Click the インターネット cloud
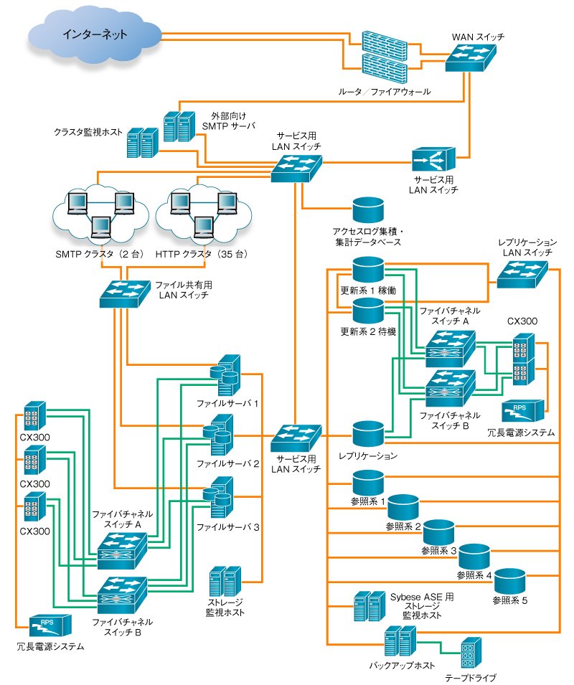point(95,39)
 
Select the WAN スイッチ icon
point(471,57)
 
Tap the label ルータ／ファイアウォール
point(385,92)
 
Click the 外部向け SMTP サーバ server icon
point(179,127)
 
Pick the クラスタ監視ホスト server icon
point(142,143)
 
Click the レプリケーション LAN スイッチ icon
point(522,274)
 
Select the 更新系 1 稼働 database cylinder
point(368,270)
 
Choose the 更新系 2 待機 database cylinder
point(368,311)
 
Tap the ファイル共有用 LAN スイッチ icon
point(125,293)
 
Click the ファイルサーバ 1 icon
point(225,375)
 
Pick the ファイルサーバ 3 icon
point(218,497)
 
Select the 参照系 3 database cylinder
point(438,532)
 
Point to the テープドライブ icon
point(471,653)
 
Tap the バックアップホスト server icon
point(400,641)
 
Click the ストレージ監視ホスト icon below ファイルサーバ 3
point(225,582)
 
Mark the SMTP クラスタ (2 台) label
point(100,254)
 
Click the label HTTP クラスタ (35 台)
point(202,254)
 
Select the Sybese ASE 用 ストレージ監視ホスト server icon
point(370,606)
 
